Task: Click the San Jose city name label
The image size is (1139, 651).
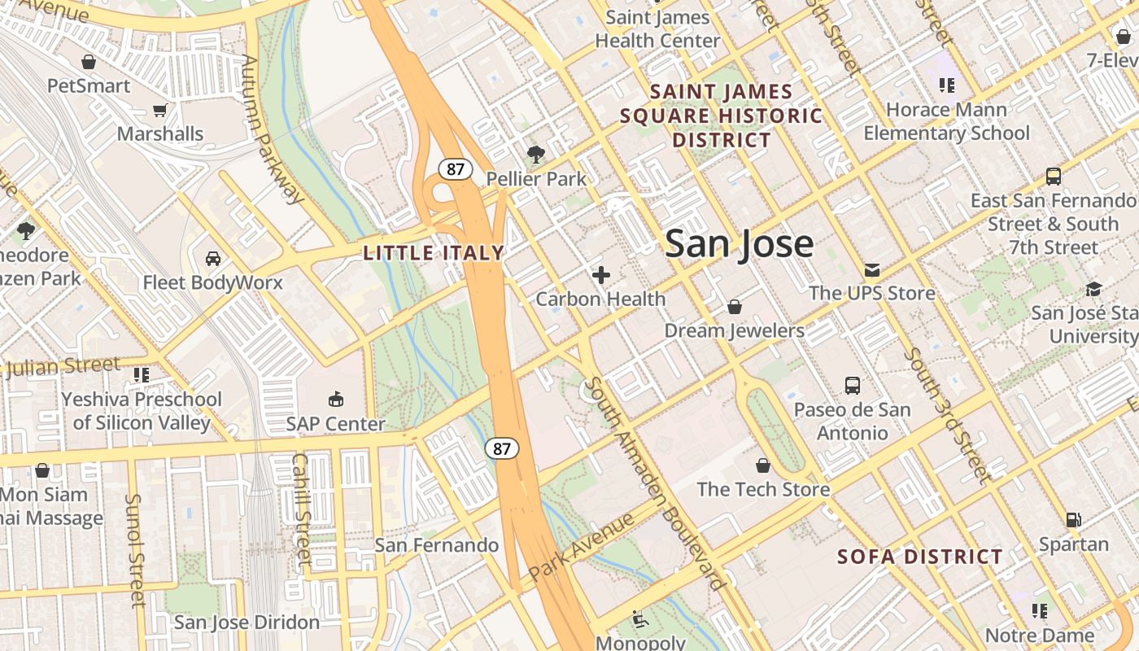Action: tap(739, 243)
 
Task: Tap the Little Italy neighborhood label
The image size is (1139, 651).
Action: tap(434, 253)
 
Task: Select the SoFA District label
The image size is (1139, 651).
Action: tap(919, 557)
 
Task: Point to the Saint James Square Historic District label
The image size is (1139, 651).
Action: tap(722, 116)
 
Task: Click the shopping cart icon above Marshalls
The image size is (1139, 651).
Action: tap(160, 110)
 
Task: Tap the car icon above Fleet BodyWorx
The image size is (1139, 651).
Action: tap(213, 259)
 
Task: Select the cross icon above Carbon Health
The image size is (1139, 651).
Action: tap(601, 275)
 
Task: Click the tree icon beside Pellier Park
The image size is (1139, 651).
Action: tap(535, 154)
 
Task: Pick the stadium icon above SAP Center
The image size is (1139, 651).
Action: tap(335, 399)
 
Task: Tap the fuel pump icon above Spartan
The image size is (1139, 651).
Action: tap(1073, 519)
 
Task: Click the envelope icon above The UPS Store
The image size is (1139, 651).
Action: tap(871, 269)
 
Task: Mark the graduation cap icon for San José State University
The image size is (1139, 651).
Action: tap(1093, 290)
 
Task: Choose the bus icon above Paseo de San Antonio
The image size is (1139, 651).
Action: tap(852, 385)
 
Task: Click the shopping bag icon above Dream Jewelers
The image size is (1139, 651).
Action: tap(734, 307)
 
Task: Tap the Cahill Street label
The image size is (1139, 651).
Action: tap(302, 509)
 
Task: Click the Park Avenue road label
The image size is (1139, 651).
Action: tap(580, 547)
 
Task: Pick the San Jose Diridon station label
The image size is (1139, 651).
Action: tap(247, 623)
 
